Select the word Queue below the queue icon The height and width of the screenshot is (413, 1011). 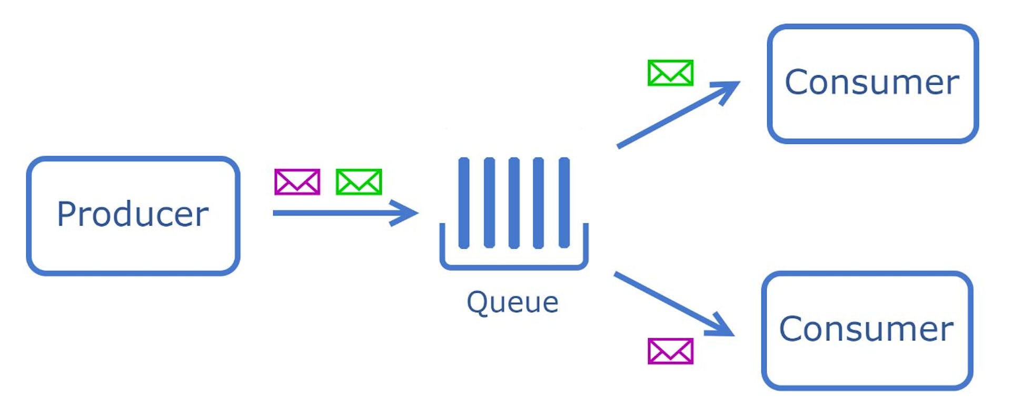[x=512, y=302]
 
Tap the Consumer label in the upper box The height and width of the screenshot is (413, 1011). [x=871, y=82]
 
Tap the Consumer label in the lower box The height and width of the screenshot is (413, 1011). [x=866, y=329]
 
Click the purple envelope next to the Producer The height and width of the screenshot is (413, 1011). [x=297, y=182]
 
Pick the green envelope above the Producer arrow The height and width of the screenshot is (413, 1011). [x=359, y=182]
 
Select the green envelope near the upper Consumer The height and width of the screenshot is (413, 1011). [x=670, y=73]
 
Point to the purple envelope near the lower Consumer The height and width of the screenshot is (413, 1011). [x=670, y=351]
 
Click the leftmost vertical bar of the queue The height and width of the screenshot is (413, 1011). [x=463, y=203]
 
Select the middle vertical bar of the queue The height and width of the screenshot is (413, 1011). [x=514, y=203]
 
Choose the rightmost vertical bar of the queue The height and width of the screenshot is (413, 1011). [x=564, y=203]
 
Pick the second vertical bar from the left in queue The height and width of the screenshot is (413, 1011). [x=489, y=203]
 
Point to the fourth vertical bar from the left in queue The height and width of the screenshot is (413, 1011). [x=538, y=203]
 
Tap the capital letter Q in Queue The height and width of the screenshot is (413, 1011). [x=478, y=302]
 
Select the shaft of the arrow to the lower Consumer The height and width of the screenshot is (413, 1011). [x=663, y=299]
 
